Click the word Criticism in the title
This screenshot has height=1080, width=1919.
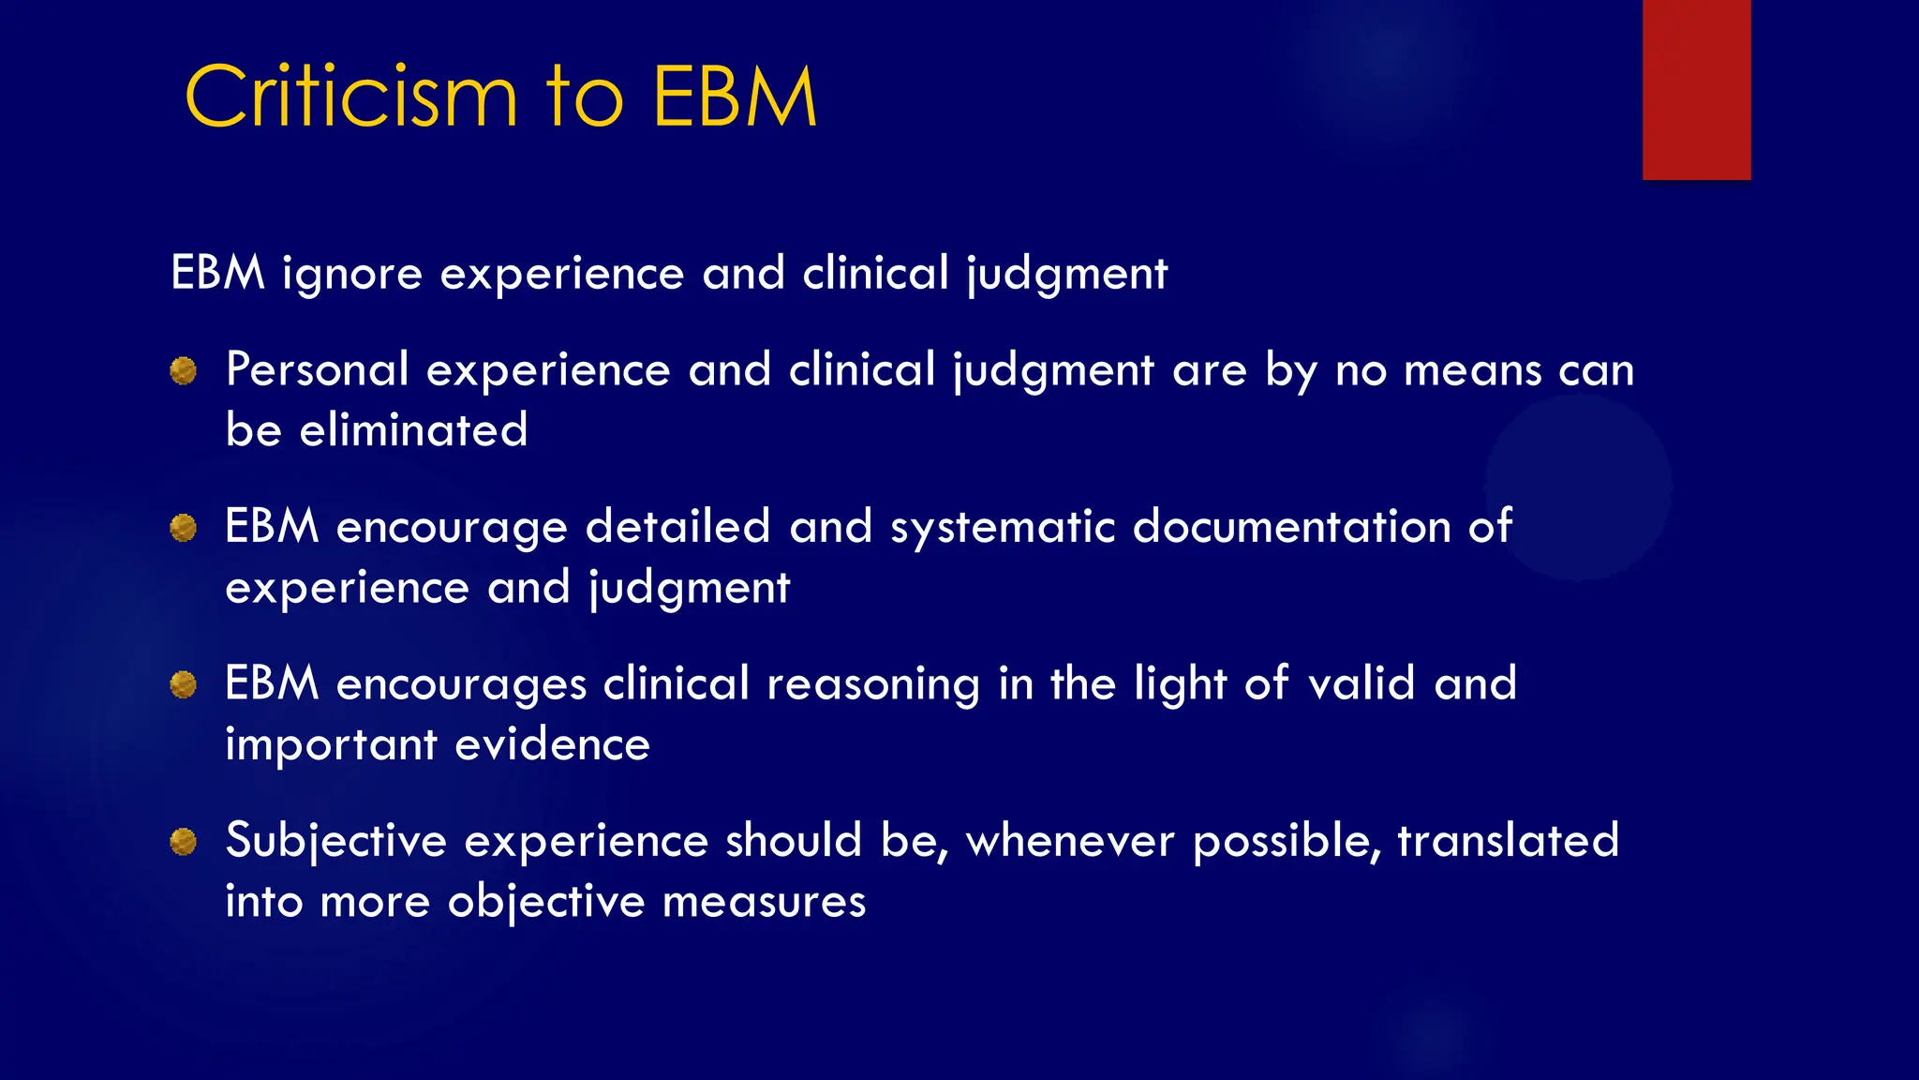pyautogui.click(x=350, y=97)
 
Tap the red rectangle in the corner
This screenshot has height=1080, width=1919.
pyautogui.click(x=1696, y=90)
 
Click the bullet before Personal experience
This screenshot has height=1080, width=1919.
pyautogui.click(x=184, y=371)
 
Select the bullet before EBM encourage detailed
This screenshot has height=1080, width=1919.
pyautogui.click(x=184, y=528)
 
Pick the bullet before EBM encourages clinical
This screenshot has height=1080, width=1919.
pyautogui.click(x=184, y=685)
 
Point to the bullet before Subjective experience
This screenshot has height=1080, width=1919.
pyautogui.click(x=184, y=842)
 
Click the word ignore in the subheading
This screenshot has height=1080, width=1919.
pyautogui.click(x=352, y=275)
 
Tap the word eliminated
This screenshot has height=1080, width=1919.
pyautogui.click(x=413, y=431)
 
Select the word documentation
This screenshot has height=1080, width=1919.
pyautogui.click(x=1292, y=527)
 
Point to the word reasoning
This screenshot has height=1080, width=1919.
pyautogui.click(x=873, y=684)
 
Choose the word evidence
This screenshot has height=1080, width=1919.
pyautogui.click(x=552, y=745)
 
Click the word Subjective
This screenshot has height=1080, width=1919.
pyautogui.click(x=335, y=841)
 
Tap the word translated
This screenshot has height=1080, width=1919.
pyautogui.click(x=1508, y=840)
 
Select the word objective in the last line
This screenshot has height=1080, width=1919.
pyautogui.click(x=546, y=903)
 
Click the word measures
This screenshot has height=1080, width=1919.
pyautogui.click(x=764, y=903)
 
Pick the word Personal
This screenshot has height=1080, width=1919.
pyautogui.click(x=317, y=370)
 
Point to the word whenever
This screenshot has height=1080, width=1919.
pyautogui.click(x=1070, y=841)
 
